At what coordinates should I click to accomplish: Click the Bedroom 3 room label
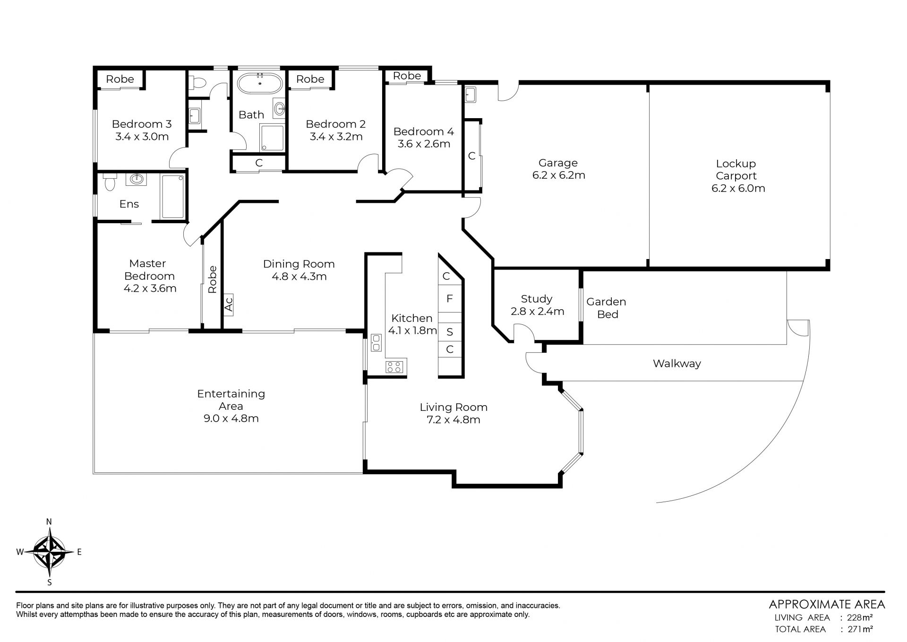[142, 124]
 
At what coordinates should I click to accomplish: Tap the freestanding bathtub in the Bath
[260, 83]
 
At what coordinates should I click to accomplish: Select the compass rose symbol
[49, 552]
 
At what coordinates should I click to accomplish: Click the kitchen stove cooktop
[394, 367]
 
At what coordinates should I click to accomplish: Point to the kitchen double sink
[376, 342]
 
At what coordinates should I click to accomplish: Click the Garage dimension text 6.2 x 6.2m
[559, 175]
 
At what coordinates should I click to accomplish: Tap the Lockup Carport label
[736, 170]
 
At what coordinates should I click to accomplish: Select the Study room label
[537, 299]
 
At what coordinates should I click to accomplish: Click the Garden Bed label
[607, 308]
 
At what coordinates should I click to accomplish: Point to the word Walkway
[677, 364]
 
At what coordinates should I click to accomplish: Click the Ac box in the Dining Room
[229, 303]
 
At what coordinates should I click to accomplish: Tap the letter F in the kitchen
[450, 298]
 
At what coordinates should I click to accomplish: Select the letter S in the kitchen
[450, 332]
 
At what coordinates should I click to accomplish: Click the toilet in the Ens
[110, 182]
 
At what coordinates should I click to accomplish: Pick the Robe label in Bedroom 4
[407, 76]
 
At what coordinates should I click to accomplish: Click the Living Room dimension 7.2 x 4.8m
[453, 420]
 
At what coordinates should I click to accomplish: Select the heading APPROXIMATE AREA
[827, 604]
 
